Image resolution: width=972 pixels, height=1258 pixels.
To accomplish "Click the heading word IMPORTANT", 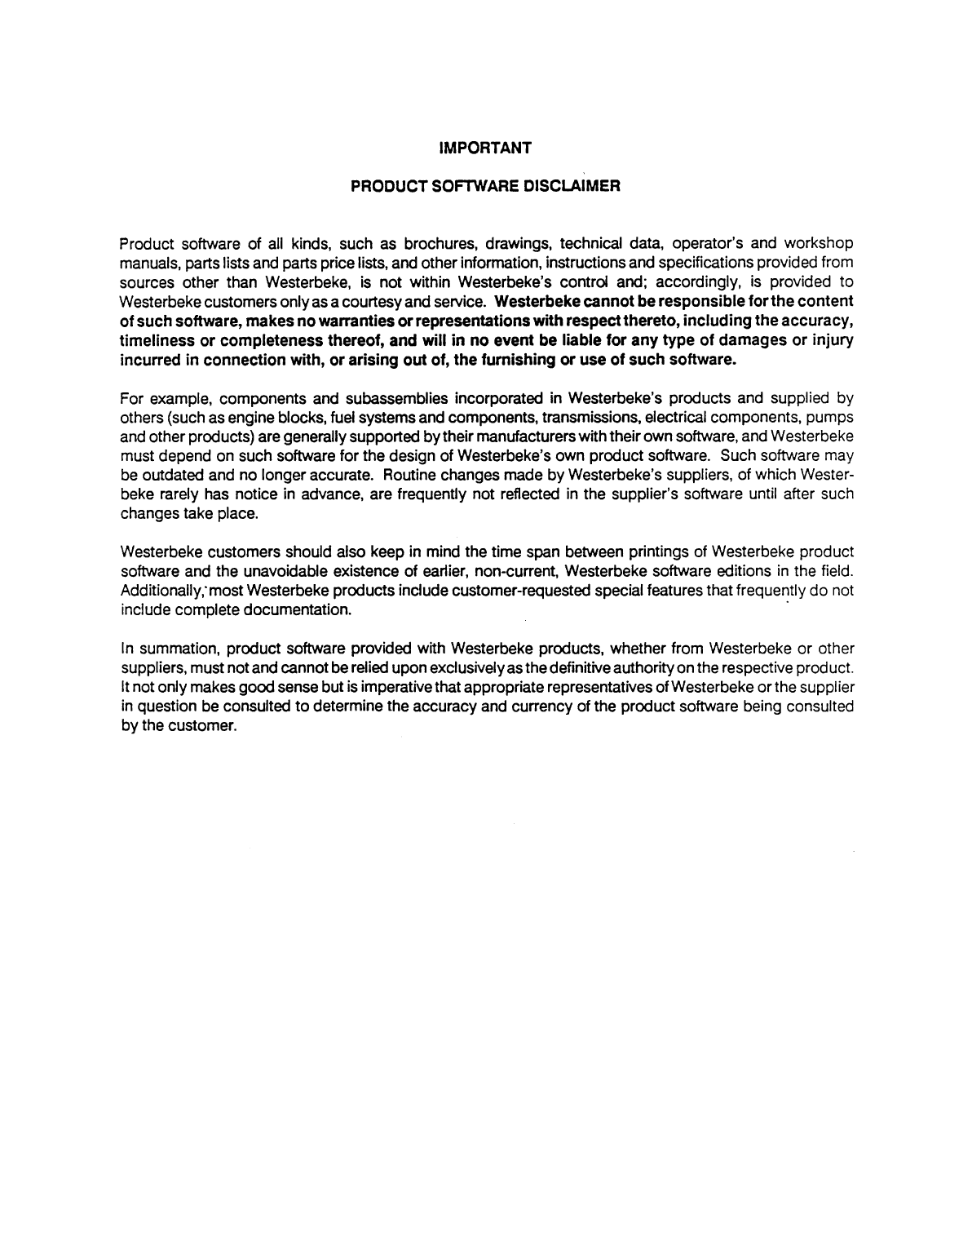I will click(x=485, y=148).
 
